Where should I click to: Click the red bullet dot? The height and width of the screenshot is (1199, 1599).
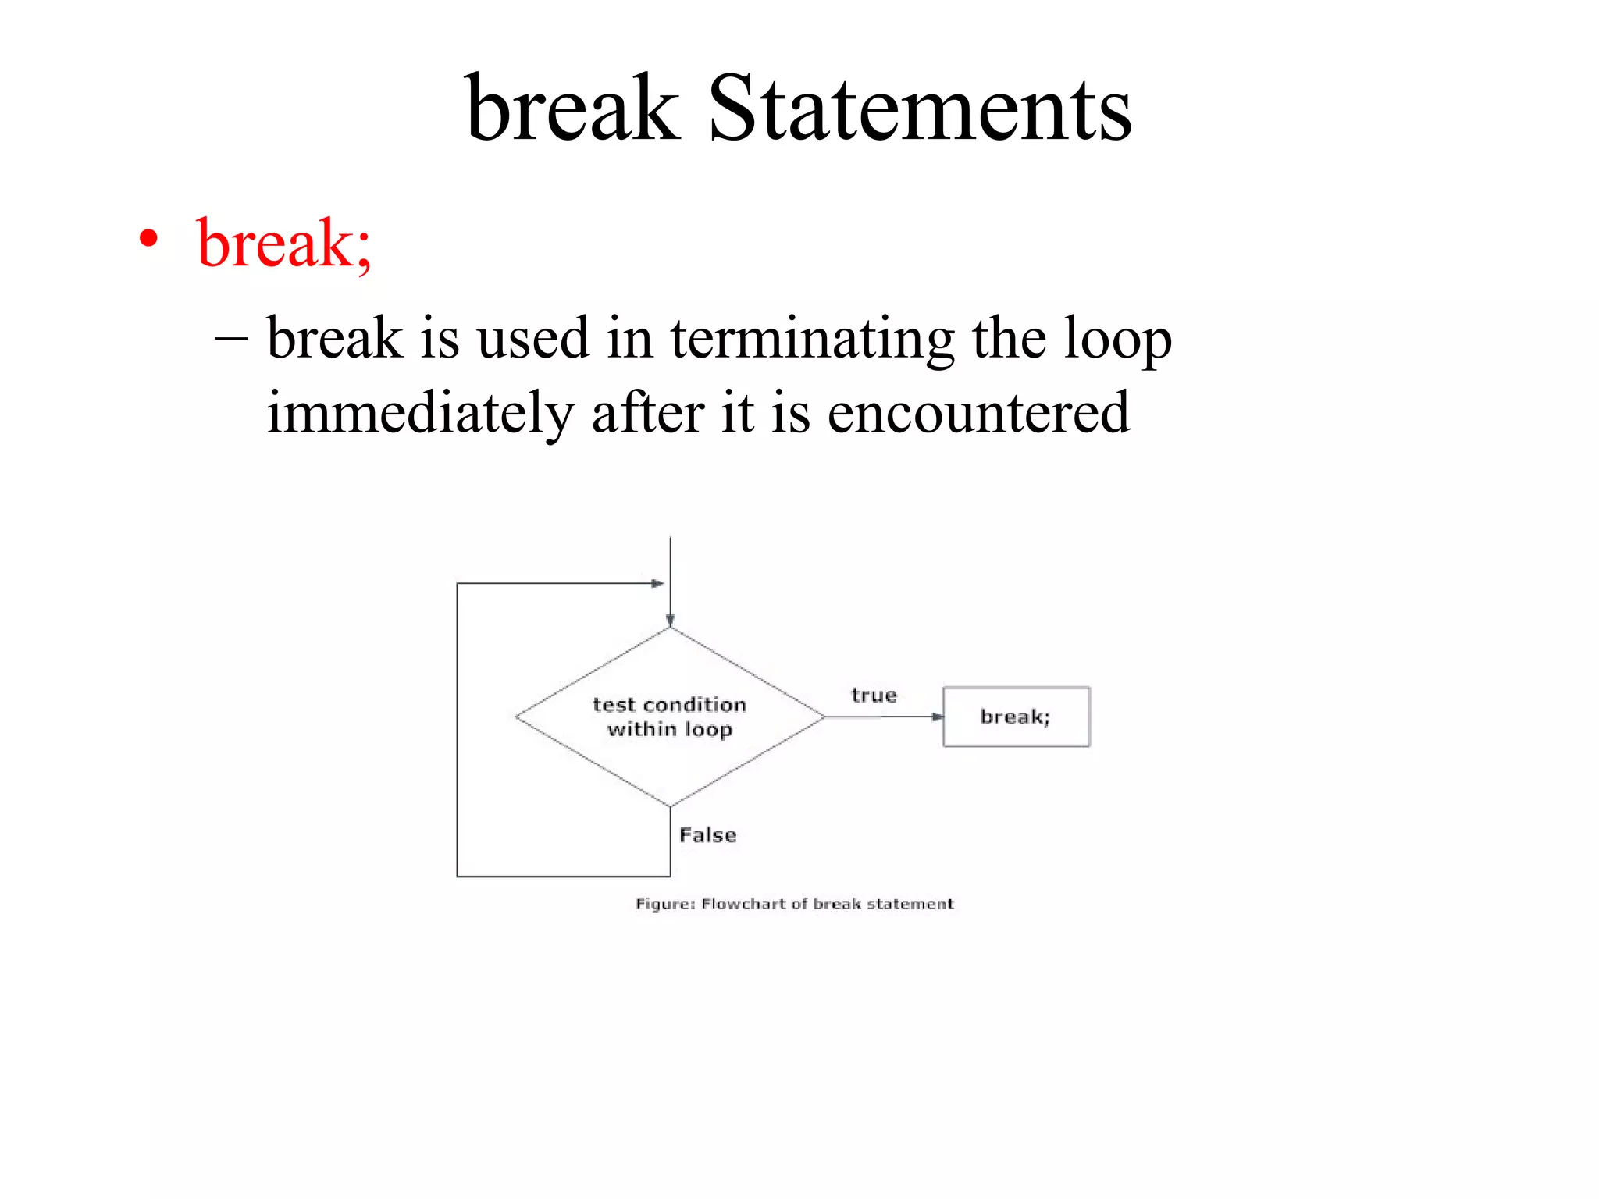[148, 238]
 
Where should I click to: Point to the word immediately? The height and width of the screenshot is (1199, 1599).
[420, 414]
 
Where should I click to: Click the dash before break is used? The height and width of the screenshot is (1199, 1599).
[231, 340]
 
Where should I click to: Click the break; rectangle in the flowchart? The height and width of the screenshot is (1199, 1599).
[1016, 717]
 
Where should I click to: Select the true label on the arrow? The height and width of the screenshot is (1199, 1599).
[874, 695]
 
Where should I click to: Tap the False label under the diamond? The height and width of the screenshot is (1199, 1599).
[707, 835]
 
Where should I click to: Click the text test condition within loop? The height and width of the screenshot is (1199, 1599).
[669, 717]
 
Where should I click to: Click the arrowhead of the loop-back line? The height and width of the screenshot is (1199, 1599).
[657, 583]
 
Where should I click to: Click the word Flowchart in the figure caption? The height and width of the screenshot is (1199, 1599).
[743, 904]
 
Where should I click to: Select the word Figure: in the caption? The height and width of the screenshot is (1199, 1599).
[664, 904]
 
